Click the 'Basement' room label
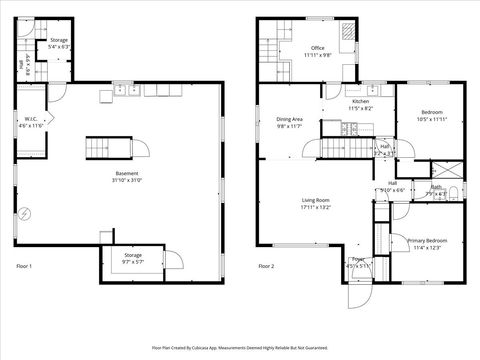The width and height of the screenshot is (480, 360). [127, 173]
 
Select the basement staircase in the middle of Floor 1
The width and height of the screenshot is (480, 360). [108, 148]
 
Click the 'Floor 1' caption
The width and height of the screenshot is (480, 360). [25, 266]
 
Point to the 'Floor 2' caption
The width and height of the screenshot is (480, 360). [266, 266]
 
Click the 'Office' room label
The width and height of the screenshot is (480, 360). [318, 47]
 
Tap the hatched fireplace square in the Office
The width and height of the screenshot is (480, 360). [346, 31]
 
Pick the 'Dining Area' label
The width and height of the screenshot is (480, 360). [290, 120]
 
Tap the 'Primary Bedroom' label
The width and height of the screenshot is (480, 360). [427, 240]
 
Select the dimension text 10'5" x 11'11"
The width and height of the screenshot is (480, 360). [432, 118]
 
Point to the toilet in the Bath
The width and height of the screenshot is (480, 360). [451, 192]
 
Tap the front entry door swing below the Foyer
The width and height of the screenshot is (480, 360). [357, 296]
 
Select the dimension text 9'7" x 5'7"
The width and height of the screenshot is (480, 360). [133, 262]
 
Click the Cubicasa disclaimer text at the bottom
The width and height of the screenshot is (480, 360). [240, 348]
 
